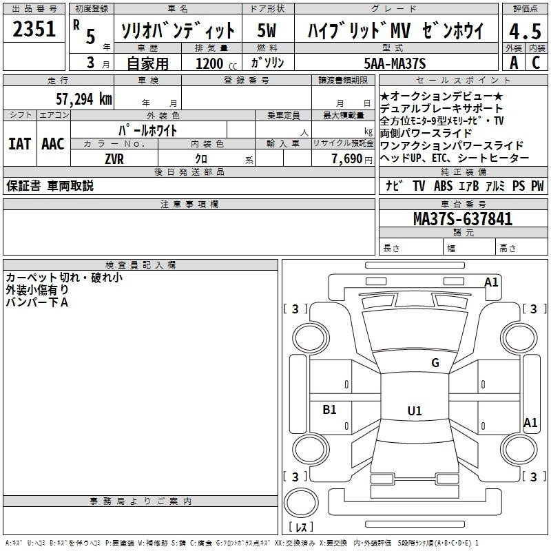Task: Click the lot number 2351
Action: pos(34,29)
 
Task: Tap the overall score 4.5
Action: pos(525,31)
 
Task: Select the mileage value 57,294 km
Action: pos(84,99)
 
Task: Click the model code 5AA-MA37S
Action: pos(395,63)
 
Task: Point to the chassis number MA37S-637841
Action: pos(463,219)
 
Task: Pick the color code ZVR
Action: pos(114,159)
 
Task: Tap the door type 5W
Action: pos(267,30)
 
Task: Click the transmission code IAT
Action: pos(20,144)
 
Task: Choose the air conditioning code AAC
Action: pos(53,144)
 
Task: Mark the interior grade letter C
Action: pos(536,63)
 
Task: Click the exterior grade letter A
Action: pos(514,63)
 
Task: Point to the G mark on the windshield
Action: pos(435,363)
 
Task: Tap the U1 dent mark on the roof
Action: pos(415,410)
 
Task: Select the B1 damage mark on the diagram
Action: pos(329,409)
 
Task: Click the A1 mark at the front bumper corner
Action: pos(491,282)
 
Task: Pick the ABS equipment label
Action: pos(443,186)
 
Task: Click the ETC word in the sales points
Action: pos(439,158)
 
